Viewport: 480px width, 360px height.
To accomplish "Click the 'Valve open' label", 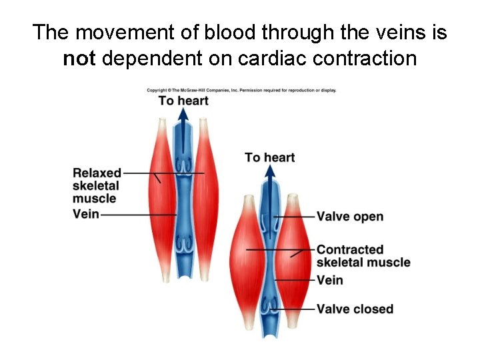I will (350, 217).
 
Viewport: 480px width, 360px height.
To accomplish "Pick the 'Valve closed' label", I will (355, 309).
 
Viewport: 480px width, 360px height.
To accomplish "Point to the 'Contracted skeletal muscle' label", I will (363, 256).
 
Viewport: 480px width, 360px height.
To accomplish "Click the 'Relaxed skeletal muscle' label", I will (97, 185).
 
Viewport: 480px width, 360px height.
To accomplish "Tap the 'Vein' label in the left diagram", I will (85, 215).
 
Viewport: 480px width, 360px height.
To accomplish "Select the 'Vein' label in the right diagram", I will (329, 280).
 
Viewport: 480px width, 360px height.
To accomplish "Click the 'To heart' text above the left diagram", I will (183, 101).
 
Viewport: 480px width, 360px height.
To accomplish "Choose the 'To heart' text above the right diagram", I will (269, 157).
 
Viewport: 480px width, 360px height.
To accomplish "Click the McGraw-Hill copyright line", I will (241, 90).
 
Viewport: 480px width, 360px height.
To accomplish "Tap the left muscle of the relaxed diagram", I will (161, 200).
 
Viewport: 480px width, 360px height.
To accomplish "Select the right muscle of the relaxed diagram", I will (205, 200).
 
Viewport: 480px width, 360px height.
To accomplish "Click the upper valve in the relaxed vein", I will (183, 165).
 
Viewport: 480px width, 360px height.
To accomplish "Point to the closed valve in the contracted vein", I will (270, 307).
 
